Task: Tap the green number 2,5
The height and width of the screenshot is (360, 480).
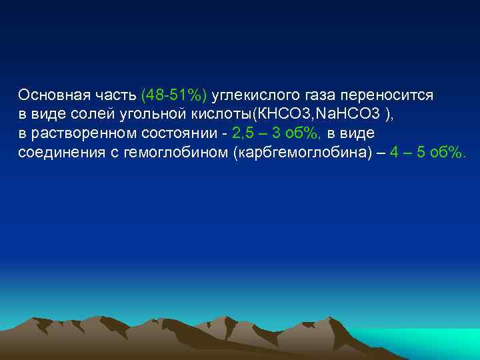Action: pyautogui.click(x=243, y=133)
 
